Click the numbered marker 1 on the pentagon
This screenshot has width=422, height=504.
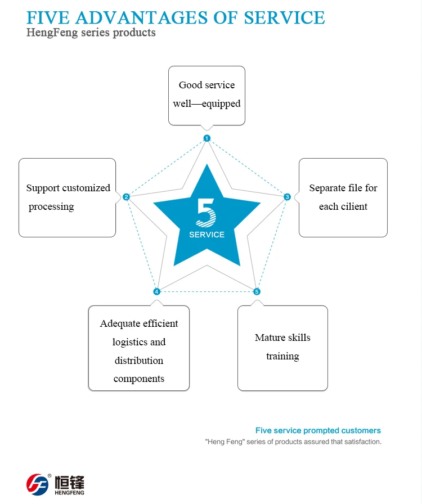[x=207, y=138]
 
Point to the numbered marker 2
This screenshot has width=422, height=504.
[x=126, y=197]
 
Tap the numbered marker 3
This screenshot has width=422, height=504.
[x=287, y=197]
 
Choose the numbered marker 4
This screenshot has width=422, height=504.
[x=156, y=291]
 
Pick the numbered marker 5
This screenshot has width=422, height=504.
[x=257, y=291]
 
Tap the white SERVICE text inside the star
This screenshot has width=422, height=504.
[x=206, y=235]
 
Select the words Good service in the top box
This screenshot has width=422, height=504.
[x=206, y=85]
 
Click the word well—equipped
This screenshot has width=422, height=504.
[x=206, y=103]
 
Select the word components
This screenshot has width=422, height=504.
[x=138, y=379]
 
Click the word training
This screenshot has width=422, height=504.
[x=282, y=356]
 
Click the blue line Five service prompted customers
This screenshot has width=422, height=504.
[x=318, y=430]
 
